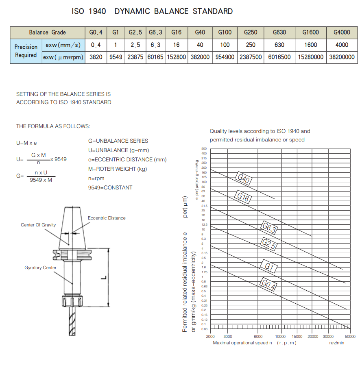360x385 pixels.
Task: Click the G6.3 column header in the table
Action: (x=155, y=33)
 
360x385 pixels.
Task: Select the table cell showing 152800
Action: (x=176, y=57)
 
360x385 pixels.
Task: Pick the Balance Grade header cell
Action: (x=47, y=33)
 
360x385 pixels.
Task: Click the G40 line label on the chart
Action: (x=243, y=178)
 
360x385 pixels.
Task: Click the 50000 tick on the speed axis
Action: (x=350, y=336)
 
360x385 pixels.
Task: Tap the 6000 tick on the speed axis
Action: (x=258, y=336)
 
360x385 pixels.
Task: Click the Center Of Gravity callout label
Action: (x=38, y=225)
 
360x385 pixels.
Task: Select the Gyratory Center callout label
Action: (x=40, y=268)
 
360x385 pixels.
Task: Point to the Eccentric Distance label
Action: (x=107, y=218)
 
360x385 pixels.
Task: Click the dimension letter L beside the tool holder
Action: (x=103, y=277)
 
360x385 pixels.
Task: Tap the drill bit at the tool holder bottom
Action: (x=72, y=323)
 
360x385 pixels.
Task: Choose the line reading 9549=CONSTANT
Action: (x=110, y=187)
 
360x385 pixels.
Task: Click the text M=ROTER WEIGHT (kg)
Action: (x=118, y=169)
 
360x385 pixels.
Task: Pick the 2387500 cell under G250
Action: (x=251, y=57)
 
